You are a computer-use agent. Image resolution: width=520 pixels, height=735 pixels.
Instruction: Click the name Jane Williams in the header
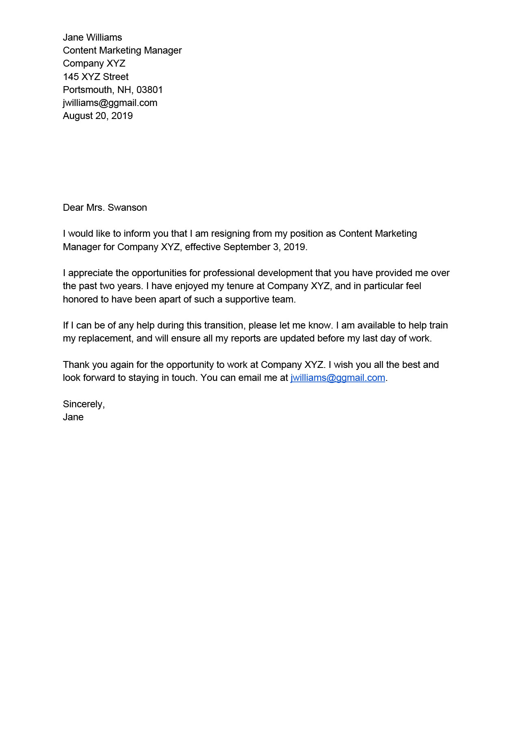[92, 37]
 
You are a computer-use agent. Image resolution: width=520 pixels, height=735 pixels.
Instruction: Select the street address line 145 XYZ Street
[95, 77]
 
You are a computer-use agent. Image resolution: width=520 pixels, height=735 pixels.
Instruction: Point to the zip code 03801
[149, 90]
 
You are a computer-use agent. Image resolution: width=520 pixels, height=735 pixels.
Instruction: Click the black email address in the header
[110, 103]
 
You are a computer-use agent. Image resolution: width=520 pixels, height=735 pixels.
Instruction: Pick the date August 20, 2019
[97, 116]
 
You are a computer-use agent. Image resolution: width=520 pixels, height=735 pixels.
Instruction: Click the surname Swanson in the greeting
[127, 208]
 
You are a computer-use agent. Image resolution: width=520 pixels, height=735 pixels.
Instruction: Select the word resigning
[230, 234]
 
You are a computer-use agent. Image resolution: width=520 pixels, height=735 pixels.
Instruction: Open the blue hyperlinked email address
[338, 378]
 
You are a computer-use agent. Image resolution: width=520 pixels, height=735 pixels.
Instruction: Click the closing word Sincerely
[83, 404]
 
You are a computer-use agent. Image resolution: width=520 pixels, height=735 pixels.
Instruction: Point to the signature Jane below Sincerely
[73, 417]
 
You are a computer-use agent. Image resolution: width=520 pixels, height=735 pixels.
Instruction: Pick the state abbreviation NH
[125, 90]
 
